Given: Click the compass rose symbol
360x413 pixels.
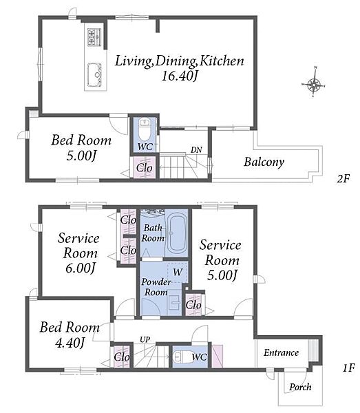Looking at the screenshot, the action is (314, 85).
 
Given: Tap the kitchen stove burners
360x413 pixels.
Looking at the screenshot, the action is (94, 37).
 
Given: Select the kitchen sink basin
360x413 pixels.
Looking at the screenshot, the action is (94, 75).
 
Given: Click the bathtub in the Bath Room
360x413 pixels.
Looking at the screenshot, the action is (178, 233).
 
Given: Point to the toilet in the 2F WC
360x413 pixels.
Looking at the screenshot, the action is (145, 130).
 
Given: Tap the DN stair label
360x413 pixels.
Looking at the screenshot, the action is (196, 150).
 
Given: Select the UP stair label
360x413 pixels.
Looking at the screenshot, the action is (145, 339).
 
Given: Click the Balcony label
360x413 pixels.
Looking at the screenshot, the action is (264, 162).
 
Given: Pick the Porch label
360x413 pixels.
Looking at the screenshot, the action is (300, 387).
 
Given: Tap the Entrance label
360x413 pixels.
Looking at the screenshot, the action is (282, 352).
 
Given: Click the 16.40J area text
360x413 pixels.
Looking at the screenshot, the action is (180, 76).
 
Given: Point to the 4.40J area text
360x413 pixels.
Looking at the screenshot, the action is (70, 343).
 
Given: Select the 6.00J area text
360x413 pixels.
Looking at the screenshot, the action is (80, 268).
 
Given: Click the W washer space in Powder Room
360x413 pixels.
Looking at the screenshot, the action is (178, 273).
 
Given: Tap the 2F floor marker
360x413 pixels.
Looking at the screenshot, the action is (343, 179).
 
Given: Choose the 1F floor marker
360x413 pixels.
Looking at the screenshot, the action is (348, 368).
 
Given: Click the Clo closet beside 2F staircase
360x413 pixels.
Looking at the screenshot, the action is (144, 168).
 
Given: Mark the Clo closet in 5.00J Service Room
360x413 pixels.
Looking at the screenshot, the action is (193, 305).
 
